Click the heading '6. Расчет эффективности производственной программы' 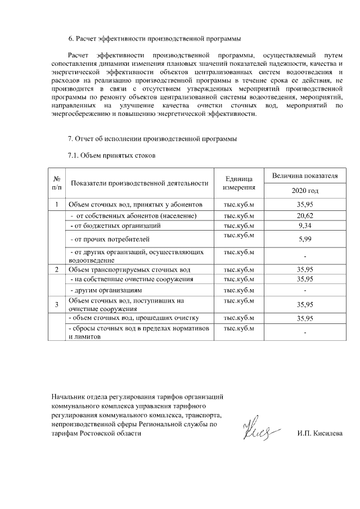click(154, 39)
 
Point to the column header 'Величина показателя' click(305, 175)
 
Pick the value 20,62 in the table click(305, 215)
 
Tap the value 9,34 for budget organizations click(305, 226)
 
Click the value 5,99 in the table click(305, 239)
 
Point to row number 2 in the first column click(57, 269)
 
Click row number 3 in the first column click(57, 304)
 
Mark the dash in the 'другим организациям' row click(305, 291)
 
